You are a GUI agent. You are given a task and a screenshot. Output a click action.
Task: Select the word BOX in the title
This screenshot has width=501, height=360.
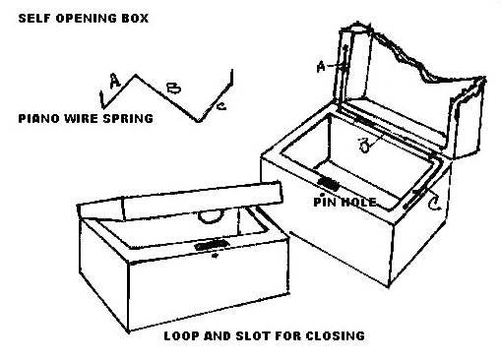[x=135, y=18]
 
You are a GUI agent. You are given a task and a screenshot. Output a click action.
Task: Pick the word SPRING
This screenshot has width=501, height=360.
[x=128, y=118]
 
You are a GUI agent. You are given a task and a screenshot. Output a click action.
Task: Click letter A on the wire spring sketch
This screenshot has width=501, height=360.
[x=114, y=81]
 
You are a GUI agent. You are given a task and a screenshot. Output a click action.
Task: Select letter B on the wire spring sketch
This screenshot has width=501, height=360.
[x=174, y=88]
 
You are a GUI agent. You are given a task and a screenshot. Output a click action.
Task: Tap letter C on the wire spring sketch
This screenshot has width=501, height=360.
[x=221, y=106]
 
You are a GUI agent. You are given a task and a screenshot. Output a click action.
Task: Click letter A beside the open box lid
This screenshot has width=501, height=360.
[x=321, y=67]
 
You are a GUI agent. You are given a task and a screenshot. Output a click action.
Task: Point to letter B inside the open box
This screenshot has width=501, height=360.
[x=363, y=146]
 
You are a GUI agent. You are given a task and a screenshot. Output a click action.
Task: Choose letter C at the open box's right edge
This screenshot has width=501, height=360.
[x=435, y=204]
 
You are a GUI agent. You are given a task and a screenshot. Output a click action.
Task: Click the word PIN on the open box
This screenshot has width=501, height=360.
[x=325, y=202]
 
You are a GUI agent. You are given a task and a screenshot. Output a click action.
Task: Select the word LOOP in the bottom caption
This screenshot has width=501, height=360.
[x=181, y=335]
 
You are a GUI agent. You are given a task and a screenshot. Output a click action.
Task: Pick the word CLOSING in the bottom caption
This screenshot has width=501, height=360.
[x=336, y=335]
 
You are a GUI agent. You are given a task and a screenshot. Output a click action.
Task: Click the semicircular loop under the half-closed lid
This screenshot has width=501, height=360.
[x=211, y=220]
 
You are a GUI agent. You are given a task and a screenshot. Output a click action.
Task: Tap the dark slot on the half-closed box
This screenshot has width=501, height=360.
[x=211, y=245]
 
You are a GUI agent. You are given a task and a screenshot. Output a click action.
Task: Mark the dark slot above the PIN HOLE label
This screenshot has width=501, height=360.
[x=329, y=183]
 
